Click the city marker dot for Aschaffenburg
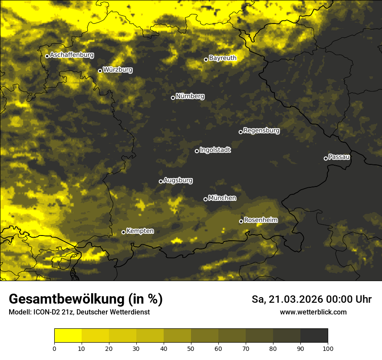[47, 56]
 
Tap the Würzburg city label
[118, 70]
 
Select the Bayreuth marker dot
[206, 59]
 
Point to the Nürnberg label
[190, 96]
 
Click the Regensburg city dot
[240, 132]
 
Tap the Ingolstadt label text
[215, 150]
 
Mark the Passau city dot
[326, 158]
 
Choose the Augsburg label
[178, 180]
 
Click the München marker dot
[205, 199]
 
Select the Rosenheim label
[260, 220]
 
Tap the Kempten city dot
[123, 232]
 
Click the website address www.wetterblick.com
[313, 312]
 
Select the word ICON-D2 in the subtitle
[46, 312]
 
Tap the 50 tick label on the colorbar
[191, 348]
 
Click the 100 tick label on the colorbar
[328, 348]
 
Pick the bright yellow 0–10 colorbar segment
[68, 336]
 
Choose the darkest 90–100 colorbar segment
[314, 336]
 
